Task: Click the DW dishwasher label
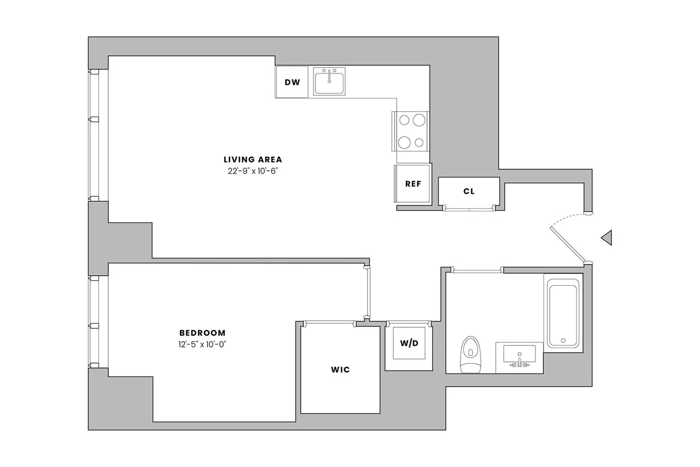tap(292, 83)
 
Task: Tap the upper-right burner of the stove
tap(419, 119)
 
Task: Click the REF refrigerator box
tap(413, 184)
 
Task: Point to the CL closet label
tap(469, 192)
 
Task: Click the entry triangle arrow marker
tap(606, 238)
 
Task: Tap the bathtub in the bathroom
tap(563, 313)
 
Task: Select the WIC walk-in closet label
tap(340, 370)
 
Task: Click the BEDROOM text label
tap(202, 333)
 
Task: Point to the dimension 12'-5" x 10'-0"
tap(202, 344)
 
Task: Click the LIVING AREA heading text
tap(253, 160)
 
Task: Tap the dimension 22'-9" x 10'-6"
tap(253, 171)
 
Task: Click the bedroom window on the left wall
tap(95, 321)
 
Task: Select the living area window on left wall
tap(95, 135)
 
